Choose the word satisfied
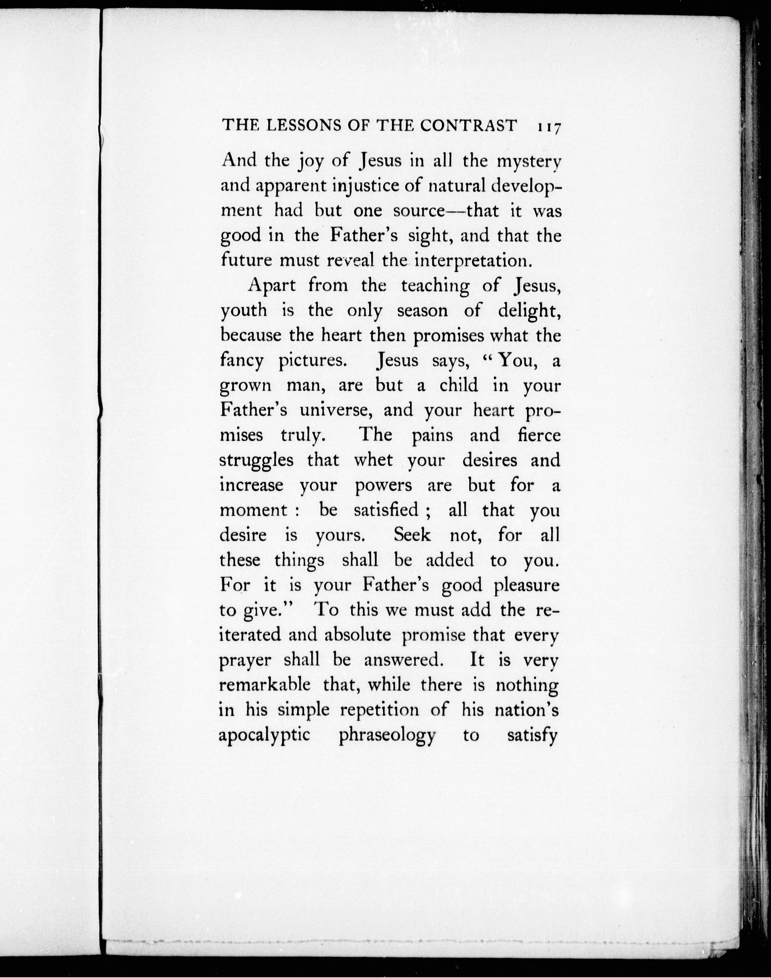point(386,510)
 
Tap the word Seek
point(412,535)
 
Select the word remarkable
point(265,685)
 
